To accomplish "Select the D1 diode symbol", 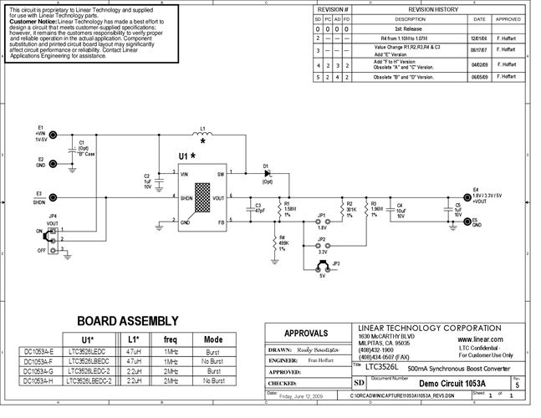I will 267,174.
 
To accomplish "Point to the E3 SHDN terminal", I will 52,198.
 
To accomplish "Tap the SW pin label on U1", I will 221,174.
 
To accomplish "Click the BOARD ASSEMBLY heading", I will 127,320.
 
